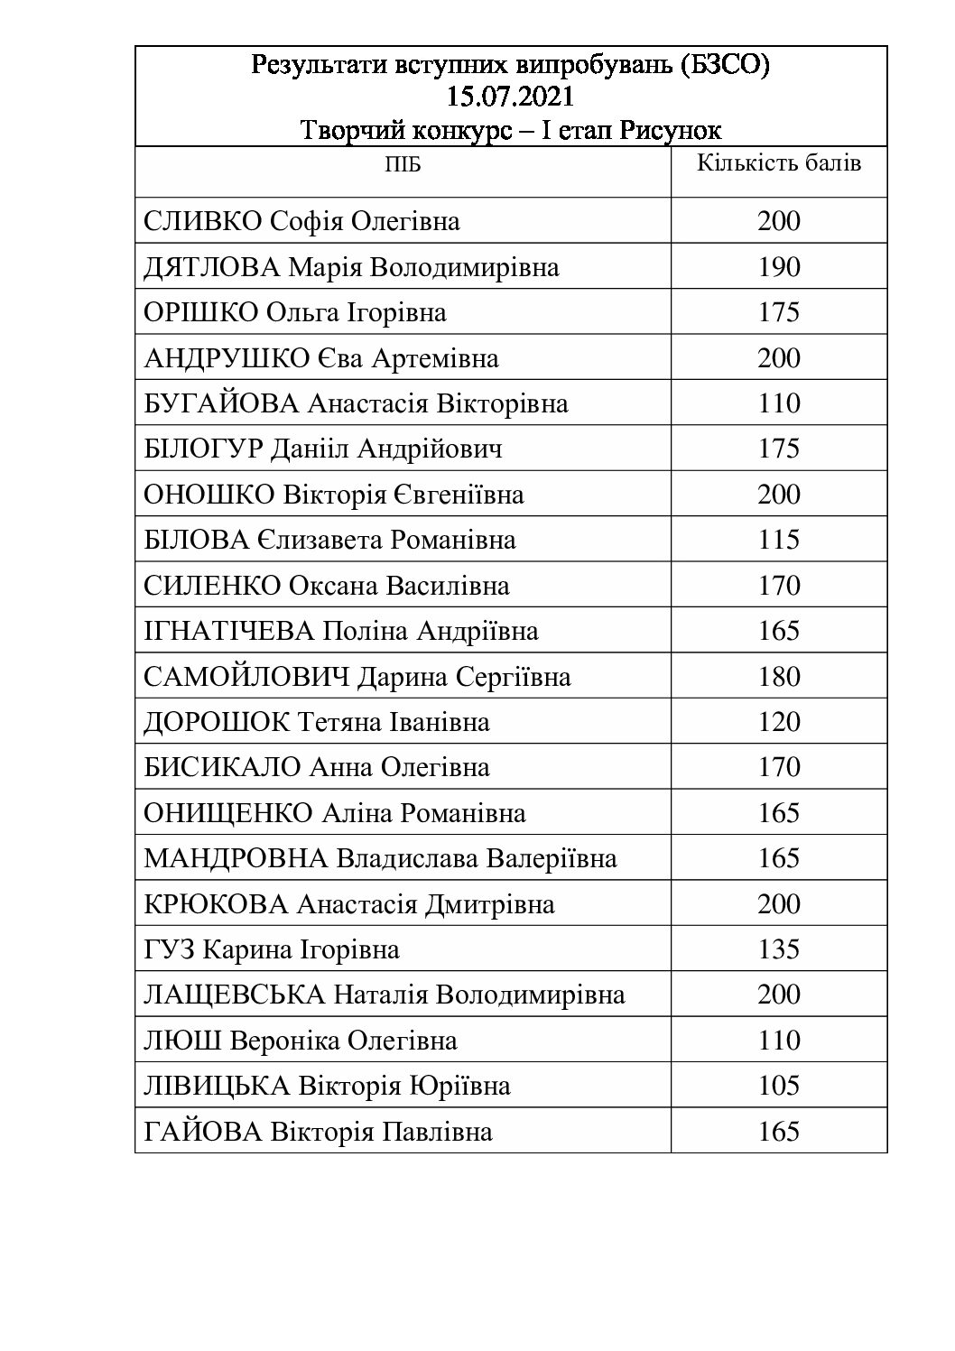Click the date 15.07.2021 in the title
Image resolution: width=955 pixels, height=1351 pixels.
pos(510,97)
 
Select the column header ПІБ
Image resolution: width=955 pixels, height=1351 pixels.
pos(403,164)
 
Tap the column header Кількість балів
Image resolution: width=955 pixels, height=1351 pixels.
pos(779,163)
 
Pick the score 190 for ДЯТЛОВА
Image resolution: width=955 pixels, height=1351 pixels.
pos(779,268)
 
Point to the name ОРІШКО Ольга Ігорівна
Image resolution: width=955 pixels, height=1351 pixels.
pos(295,313)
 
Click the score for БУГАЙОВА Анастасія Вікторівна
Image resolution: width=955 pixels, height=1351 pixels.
pos(779,403)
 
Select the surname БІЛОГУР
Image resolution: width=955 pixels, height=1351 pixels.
pos(204,449)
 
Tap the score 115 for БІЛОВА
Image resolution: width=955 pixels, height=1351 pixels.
pos(779,540)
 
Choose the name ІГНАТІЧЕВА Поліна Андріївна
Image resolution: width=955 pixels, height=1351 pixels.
pos(341,631)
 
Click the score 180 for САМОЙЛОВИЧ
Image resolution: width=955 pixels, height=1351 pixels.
pos(779,677)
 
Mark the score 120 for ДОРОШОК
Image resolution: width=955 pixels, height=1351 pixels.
pos(779,722)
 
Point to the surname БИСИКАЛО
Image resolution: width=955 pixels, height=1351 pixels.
pos(222,768)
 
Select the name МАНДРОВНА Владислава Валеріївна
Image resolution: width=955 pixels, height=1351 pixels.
pos(380,858)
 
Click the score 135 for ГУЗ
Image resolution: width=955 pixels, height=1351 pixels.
pos(779,949)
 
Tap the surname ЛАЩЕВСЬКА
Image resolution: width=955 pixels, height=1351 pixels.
pos(235,995)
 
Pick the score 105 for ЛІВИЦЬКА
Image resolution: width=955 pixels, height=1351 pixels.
pos(779,1086)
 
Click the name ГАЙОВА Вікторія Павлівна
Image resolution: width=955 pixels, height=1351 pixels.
pos(319,1132)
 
